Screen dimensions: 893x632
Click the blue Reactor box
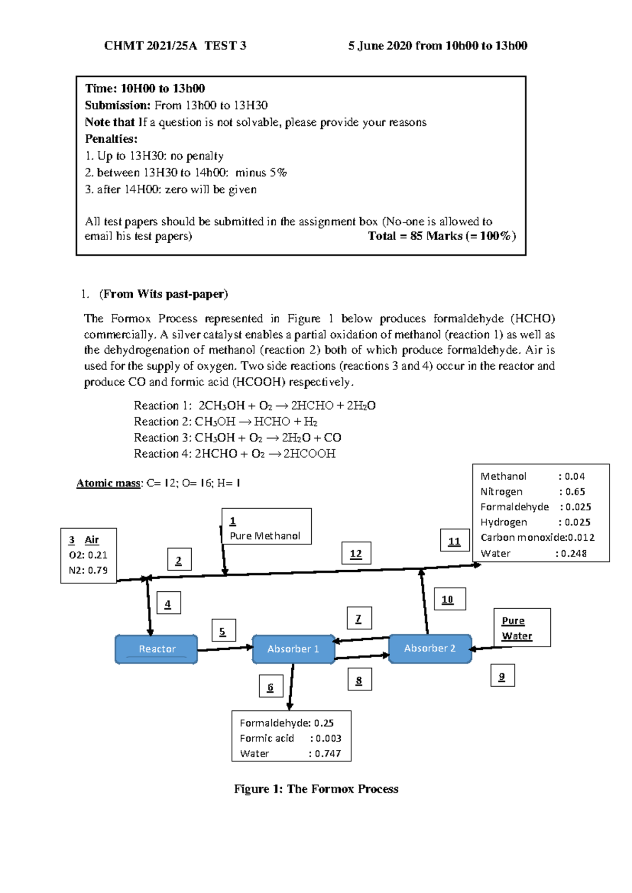tap(156, 649)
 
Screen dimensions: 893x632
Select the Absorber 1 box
tap(293, 649)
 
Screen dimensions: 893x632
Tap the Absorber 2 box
tap(430, 649)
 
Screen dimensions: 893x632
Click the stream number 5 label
tap(223, 631)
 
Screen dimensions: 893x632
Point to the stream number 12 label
tap(356, 553)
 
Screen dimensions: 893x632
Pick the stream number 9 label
tap(502, 677)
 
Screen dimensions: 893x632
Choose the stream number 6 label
tap(270, 687)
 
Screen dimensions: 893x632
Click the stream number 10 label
tap(448, 599)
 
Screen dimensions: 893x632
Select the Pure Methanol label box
tap(266, 527)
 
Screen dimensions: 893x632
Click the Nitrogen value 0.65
tap(575, 492)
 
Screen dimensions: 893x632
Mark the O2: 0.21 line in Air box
tap(88, 555)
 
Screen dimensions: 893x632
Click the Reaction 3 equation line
tap(238, 438)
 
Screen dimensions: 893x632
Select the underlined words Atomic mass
tap(108, 483)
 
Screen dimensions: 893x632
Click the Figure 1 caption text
tap(316, 789)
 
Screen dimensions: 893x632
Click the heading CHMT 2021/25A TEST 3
tap(175, 46)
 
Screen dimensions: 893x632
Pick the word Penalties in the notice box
tap(111, 139)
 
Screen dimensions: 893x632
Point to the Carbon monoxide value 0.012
tap(581, 538)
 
